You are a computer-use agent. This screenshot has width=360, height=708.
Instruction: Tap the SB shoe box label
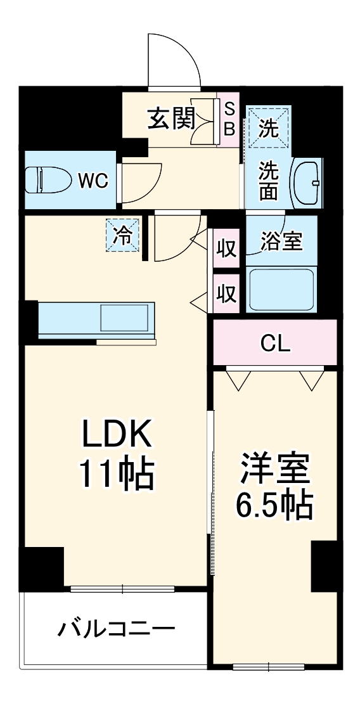(229, 119)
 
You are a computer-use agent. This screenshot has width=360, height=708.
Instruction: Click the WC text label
(93, 181)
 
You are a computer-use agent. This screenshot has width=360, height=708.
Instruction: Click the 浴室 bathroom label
(281, 241)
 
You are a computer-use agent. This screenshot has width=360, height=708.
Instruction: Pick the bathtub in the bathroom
(281, 289)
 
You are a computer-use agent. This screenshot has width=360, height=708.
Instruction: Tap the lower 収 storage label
(226, 293)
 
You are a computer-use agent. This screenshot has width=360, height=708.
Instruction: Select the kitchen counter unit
(96, 321)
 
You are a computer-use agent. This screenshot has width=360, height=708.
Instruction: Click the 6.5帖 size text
(274, 505)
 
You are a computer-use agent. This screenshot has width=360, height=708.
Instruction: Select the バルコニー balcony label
(117, 629)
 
